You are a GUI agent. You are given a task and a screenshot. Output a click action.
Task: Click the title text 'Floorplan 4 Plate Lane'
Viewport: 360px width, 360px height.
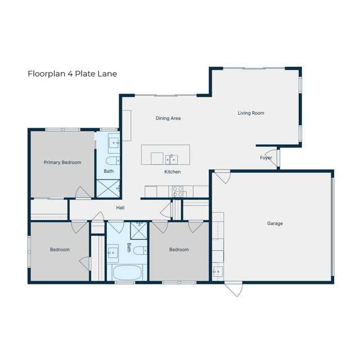[72, 74]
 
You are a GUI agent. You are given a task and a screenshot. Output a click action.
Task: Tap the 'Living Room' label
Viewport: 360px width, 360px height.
[250, 113]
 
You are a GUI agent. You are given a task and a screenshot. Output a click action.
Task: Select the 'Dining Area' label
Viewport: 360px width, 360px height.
[168, 118]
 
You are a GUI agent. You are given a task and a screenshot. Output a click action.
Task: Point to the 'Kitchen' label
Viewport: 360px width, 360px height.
[172, 172]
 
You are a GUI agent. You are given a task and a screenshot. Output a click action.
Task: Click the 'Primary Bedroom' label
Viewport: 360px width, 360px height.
[62, 163]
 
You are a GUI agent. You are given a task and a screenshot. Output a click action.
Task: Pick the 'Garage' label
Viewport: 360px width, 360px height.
[274, 223]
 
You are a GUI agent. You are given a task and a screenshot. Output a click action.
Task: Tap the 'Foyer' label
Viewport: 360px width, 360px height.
[266, 157]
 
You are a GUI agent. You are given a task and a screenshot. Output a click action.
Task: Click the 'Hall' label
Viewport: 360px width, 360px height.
[120, 208]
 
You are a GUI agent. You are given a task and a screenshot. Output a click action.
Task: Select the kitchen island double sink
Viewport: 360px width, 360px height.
[171, 157]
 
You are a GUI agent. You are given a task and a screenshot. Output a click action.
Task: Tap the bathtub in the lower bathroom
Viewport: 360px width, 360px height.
[127, 273]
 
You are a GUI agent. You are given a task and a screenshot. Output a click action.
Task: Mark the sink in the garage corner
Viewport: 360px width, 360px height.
[217, 272]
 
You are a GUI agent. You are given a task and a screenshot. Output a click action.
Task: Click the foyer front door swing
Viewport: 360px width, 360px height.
[272, 155]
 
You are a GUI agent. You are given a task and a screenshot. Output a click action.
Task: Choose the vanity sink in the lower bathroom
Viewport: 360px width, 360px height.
[113, 251]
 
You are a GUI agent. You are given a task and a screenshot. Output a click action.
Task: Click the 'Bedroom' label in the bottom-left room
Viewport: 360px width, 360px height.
[60, 249]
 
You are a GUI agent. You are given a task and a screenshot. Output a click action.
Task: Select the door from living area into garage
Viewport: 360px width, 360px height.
[222, 176]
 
